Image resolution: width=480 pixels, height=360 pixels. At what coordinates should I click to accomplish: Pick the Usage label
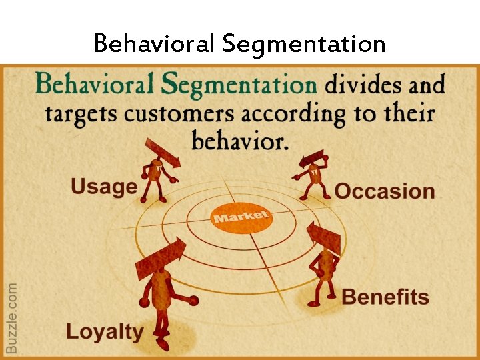pos(104,186)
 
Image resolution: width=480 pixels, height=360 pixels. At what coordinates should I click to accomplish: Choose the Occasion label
pos(385,191)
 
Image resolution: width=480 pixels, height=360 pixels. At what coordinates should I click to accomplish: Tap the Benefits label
pos(385,297)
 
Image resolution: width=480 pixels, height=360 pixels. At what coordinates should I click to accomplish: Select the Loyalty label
pos(105,331)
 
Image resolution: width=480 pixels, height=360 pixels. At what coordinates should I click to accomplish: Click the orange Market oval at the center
pos(241,217)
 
